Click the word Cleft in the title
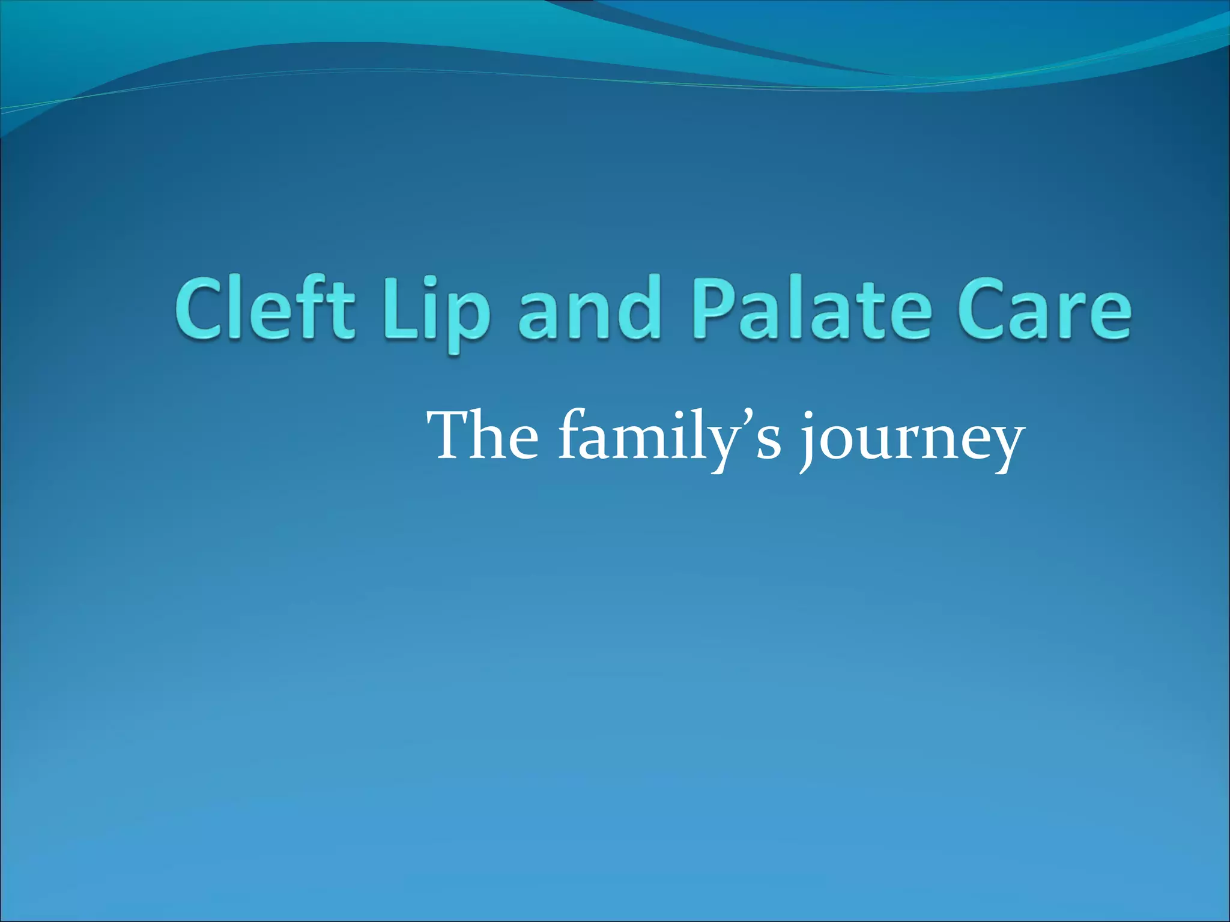pos(264,309)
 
